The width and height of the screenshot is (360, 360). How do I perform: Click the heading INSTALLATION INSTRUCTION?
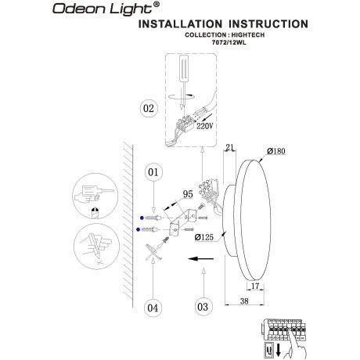point(222,24)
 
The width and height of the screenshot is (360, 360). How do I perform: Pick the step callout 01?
point(153,171)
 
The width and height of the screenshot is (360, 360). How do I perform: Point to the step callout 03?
point(203,307)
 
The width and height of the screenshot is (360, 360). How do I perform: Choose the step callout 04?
point(153,308)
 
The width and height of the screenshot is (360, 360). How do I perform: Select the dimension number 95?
point(188,192)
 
